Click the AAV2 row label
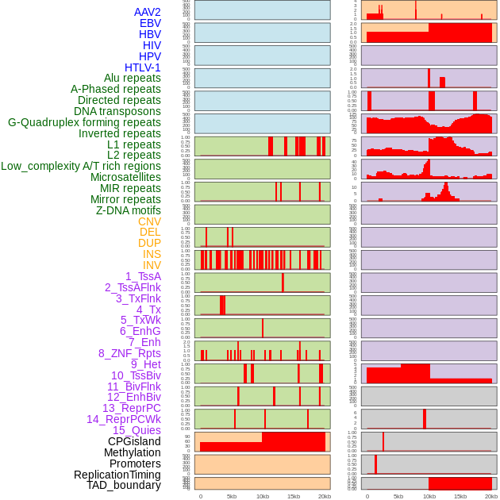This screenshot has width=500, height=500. click(x=148, y=12)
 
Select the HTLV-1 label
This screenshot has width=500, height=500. click(x=143, y=67)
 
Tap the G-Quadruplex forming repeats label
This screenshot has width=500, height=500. click(x=84, y=122)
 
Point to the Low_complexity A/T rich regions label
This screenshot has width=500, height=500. click(x=81, y=166)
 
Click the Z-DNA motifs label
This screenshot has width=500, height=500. click(x=129, y=210)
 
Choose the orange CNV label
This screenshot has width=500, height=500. click(x=149, y=221)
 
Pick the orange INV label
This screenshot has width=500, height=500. click(x=152, y=265)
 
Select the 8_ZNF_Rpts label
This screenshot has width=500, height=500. click(x=129, y=353)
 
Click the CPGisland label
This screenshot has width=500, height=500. click(x=134, y=441)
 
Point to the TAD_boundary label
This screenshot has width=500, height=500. click(x=124, y=485)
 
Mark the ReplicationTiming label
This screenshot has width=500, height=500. click(x=117, y=475)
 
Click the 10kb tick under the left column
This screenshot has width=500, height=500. click(x=263, y=496)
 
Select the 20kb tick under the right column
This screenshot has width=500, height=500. click(x=491, y=496)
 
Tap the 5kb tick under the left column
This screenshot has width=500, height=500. click(x=232, y=496)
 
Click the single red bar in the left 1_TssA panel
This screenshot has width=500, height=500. click(x=283, y=283)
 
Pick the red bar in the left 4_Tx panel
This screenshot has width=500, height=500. click(x=223, y=305)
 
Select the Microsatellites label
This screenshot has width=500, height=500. click(x=125, y=177)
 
